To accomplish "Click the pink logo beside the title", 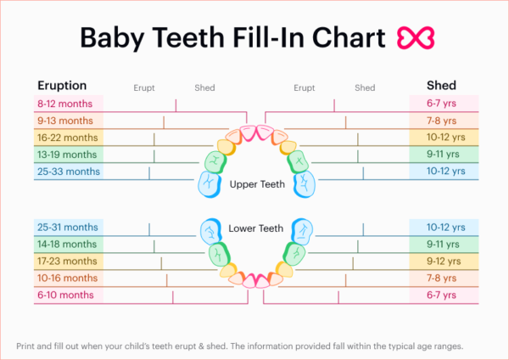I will [x=416, y=37].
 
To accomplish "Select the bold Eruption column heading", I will [x=62, y=85].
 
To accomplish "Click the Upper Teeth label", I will [x=255, y=183].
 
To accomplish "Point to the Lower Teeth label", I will [x=255, y=228].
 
